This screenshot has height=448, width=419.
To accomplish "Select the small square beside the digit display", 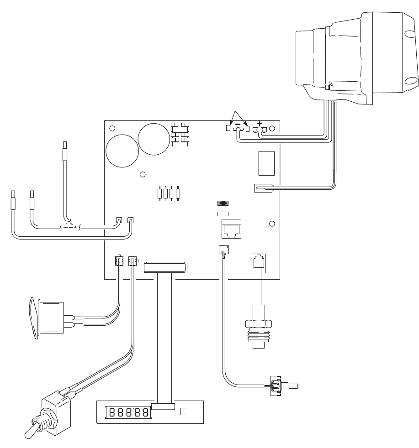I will click(185, 412).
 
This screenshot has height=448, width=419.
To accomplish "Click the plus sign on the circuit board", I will click(260, 123).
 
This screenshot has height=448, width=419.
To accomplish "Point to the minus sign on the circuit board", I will click(238, 124).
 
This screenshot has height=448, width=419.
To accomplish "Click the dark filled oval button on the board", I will click(223, 203).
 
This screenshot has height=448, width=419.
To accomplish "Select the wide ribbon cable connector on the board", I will click(164, 267).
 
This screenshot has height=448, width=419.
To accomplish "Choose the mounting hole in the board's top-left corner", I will click(112, 128).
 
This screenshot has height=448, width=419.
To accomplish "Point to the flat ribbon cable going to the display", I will click(164, 338).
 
